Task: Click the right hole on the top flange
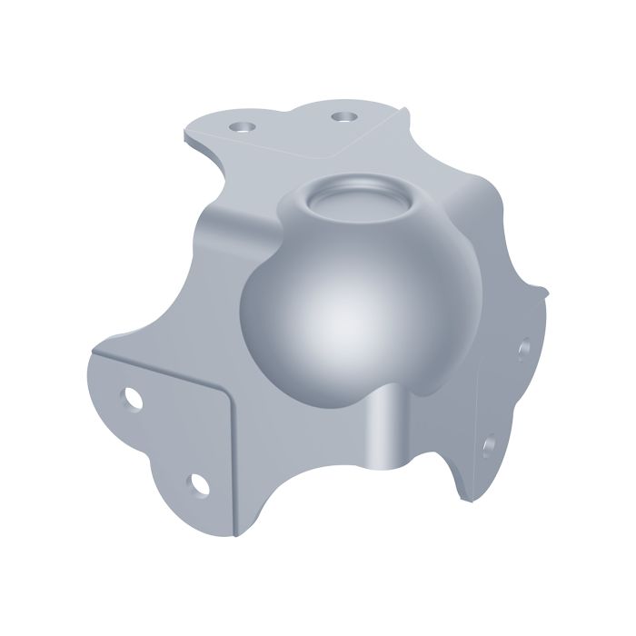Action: click(x=343, y=116)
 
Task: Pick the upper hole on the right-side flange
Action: click(x=524, y=347)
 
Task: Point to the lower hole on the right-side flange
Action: click(x=489, y=444)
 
